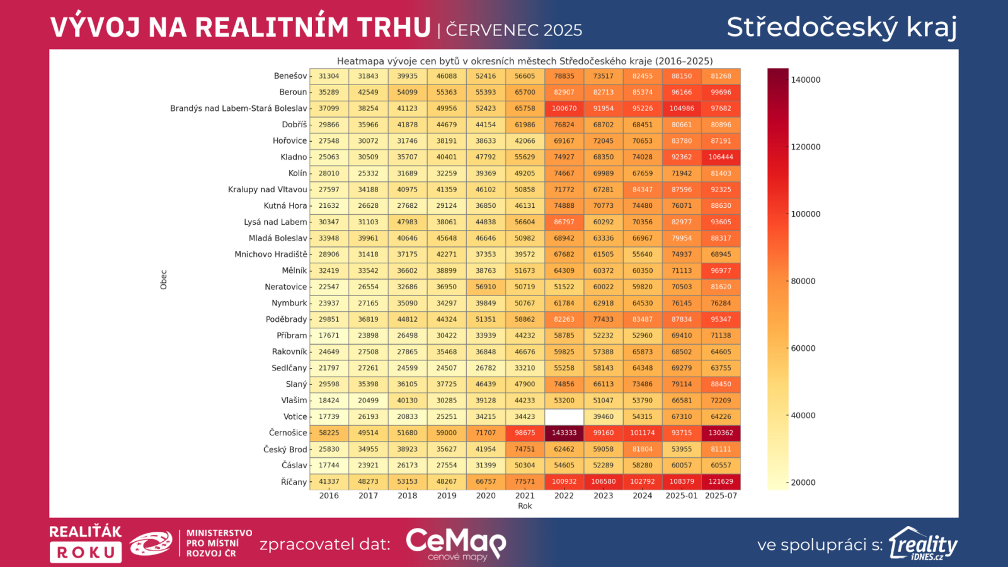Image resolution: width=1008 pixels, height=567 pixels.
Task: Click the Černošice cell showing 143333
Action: [x=564, y=433]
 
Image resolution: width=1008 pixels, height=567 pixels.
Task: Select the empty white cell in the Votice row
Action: [x=564, y=416]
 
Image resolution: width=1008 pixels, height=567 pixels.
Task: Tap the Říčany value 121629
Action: [x=721, y=481]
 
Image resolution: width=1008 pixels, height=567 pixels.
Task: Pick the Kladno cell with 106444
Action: [x=721, y=157]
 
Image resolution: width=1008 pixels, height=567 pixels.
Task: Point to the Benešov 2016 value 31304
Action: [x=329, y=76]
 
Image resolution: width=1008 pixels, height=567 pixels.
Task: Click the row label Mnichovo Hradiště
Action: [x=271, y=255]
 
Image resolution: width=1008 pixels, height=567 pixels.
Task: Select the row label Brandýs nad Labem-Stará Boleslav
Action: [x=238, y=108]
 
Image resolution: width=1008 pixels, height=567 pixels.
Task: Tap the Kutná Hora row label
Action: [x=285, y=206]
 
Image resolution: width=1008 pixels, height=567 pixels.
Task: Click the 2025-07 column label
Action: [x=721, y=496]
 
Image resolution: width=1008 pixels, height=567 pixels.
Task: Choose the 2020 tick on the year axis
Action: [x=486, y=496]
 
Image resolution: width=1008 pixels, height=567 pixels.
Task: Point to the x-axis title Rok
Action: [x=525, y=506]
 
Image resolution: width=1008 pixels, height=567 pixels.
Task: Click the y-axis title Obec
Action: [x=164, y=280]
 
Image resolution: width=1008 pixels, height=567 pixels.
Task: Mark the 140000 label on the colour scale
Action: [x=806, y=80]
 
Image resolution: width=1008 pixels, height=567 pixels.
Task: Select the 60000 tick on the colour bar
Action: [x=803, y=348]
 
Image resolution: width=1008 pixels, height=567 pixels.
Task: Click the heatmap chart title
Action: [x=525, y=61]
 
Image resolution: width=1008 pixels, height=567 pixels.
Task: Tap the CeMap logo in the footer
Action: [x=455, y=544]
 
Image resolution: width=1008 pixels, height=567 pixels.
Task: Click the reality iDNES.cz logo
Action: [x=923, y=544]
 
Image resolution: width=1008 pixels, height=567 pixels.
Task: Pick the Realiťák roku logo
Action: [x=86, y=544]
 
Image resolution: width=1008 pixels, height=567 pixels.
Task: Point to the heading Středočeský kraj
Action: [x=842, y=27]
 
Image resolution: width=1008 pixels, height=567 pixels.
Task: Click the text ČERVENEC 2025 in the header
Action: [x=514, y=30]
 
